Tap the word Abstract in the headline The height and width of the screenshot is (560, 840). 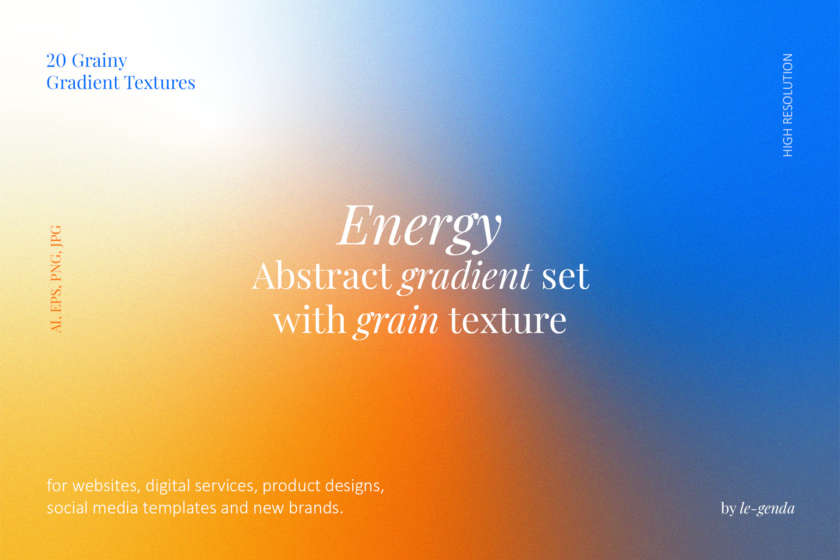click(321, 276)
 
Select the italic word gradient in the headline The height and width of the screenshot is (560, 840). click(466, 279)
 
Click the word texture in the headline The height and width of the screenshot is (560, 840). click(508, 320)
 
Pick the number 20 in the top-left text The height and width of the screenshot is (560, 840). click(56, 60)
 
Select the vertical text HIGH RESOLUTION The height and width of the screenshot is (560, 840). click(788, 105)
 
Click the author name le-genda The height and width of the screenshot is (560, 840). click(767, 508)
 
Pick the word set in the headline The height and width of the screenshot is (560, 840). click(565, 277)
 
